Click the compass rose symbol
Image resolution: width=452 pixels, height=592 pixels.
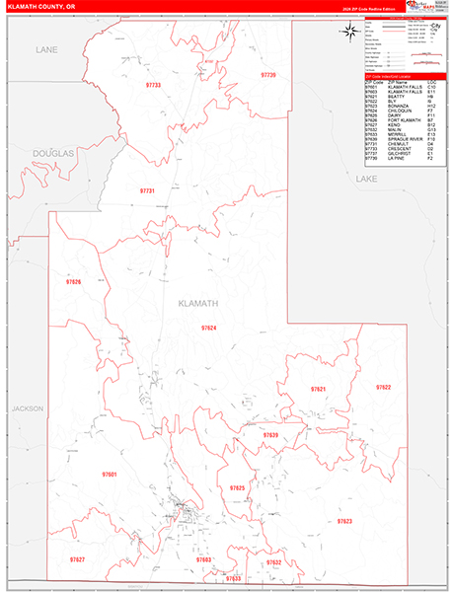click(349, 32)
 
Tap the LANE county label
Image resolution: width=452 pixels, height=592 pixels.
click(46, 48)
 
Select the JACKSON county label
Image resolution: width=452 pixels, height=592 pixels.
click(29, 407)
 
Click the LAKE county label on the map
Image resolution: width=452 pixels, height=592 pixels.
click(366, 181)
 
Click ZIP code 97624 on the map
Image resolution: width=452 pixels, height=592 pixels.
click(208, 327)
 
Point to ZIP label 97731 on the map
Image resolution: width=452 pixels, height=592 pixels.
click(147, 190)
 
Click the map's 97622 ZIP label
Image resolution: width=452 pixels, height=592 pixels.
click(383, 387)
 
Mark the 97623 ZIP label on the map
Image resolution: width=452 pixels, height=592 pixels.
click(344, 520)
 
